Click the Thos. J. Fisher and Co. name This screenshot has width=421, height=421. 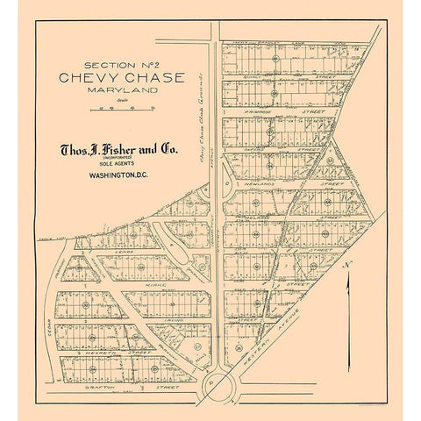click(118, 151)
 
